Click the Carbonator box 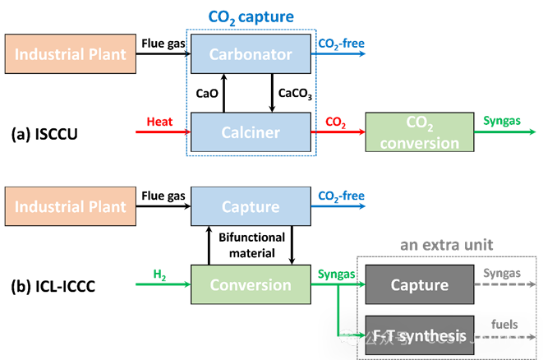(251, 55)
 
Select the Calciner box (251, 132)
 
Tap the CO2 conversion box (420, 132)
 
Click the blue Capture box (251, 206)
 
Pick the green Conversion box (251, 285)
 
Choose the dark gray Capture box (419, 285)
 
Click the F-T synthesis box (419, 335)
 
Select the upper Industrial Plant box (71, 55)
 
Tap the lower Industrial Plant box (71, 206)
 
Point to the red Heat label (159, 122)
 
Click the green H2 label (160, 275)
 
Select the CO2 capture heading (251, 17)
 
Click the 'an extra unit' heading (446, 245)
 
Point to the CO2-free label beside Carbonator (341, 44)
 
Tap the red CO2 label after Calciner (335, 122)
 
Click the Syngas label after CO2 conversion (502, 121)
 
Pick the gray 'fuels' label (504, 324)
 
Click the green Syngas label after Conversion (336, 275)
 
